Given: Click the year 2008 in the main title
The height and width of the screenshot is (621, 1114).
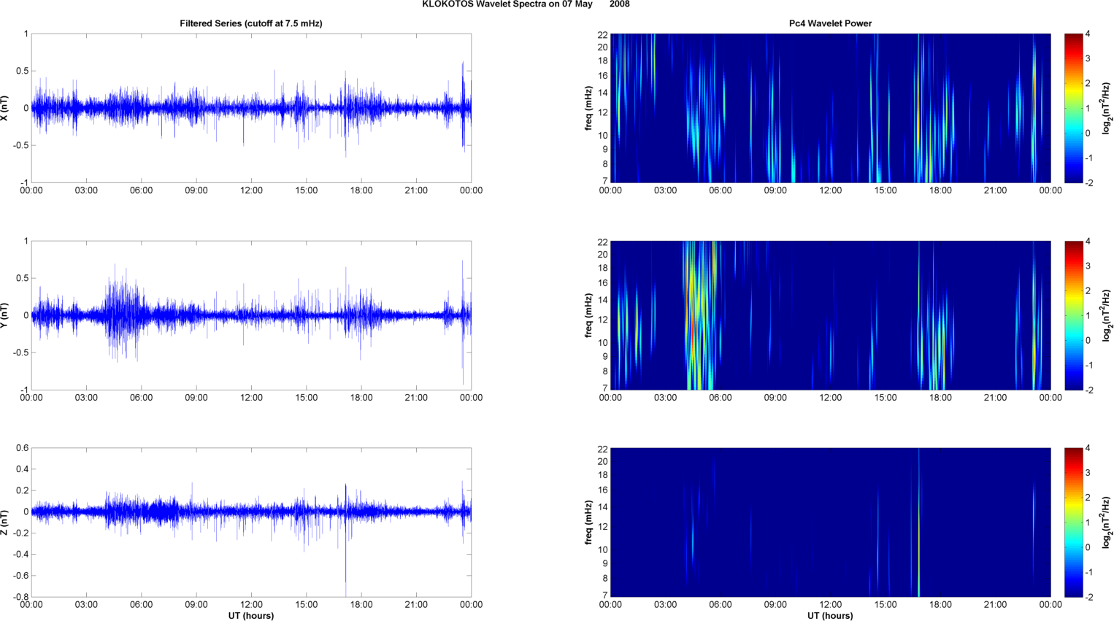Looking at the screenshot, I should click(x=619, y=4).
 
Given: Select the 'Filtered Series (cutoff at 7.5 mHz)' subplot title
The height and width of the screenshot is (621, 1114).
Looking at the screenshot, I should click(x=251, y=23).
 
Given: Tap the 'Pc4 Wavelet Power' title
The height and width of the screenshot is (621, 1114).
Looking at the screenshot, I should click(x=830, y=23).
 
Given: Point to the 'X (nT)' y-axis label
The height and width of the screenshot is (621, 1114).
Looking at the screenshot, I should click(x=5, y=108).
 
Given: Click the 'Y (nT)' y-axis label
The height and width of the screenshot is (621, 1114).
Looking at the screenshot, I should click(x=5, y=315).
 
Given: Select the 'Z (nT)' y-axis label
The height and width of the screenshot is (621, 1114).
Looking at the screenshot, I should click(x=5, y=522).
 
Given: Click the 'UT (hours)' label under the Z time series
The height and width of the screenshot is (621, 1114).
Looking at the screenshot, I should click(x=251, y=616).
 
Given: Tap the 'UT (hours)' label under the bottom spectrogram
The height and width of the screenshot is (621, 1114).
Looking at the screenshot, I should click(x=830, y=616).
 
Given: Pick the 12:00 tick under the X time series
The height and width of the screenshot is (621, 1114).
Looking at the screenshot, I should click(x=251, y=190).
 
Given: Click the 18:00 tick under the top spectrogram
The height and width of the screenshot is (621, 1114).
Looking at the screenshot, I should click(x=940, y=190).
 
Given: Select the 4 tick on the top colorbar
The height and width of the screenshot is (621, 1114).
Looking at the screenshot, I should click(x=1088, y=34).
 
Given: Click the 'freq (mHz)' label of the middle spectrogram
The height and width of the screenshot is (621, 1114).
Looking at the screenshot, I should click(x=588, y=315).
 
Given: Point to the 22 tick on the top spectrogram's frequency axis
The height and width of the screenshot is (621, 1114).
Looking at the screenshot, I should click(x=602, y=35).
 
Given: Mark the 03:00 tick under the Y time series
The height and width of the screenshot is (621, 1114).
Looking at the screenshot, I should click(x=86, y=398).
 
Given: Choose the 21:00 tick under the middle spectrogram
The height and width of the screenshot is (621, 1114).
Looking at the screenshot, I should click(x=995, y=398).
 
